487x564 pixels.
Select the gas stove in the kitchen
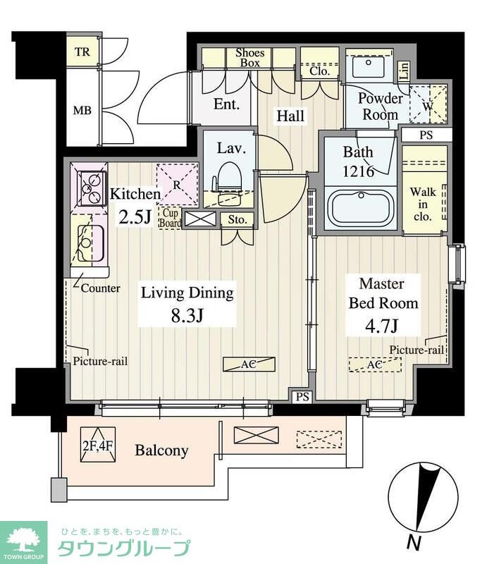click(x=92, y=188)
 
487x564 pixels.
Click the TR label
click(x=82, y=51)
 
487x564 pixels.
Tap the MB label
click(x=82, y=110)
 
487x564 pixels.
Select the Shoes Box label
click(x=249, y=58)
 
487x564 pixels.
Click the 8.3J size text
click(x=187, y=315)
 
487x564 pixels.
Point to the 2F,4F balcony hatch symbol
click(x=98, y=445)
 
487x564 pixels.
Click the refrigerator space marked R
click(x=178, y=185)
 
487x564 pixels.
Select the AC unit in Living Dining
click(x=249, y=364)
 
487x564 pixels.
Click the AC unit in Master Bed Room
click(x=375, y=364)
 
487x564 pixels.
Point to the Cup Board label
click(x=170, y=218)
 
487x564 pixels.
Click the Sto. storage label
click(x=238, y=219)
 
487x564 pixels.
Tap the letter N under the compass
click(x=414, y=542)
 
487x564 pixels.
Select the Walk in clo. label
click(x=423, y=204)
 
